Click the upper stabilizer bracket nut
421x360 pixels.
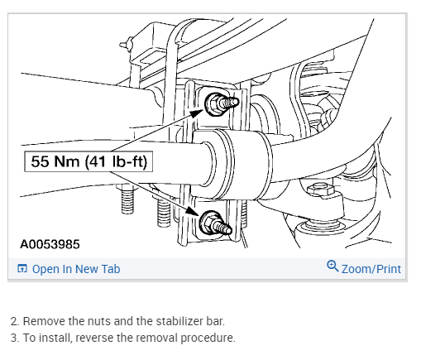click(213, 104)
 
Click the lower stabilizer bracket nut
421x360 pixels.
click(208, 223)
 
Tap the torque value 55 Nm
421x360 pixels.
click(55, 161)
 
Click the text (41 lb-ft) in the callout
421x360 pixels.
click(116, 161)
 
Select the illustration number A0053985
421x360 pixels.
click(50, 244)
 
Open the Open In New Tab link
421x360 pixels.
click(76, 269)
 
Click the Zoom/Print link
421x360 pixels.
click(371, 269)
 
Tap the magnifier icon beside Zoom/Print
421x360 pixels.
click(332, 266)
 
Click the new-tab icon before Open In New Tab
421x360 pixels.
click(22, 268)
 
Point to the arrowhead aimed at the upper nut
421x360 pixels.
click(196, 113)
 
